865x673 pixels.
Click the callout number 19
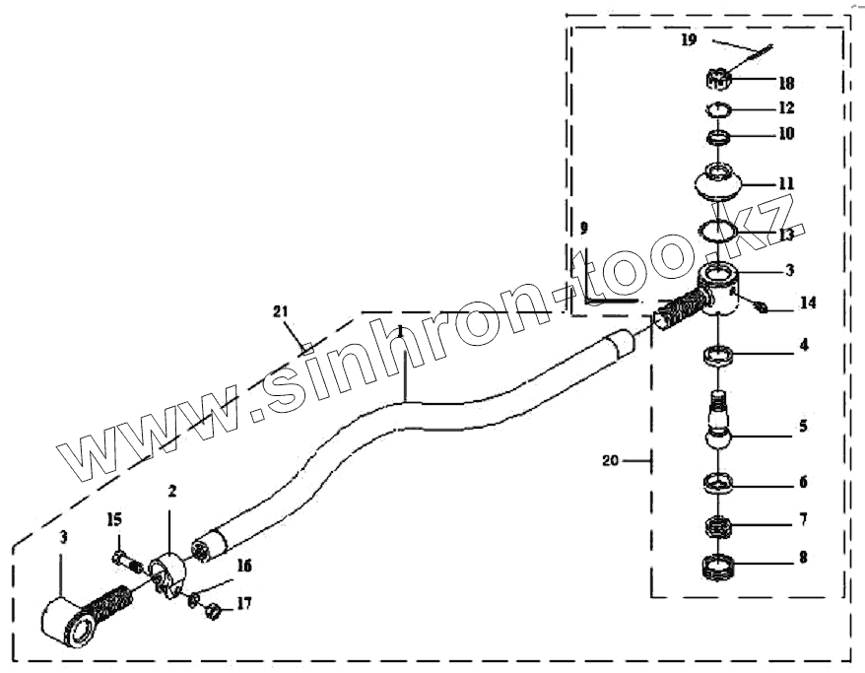point(688,40)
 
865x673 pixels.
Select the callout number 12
point(786,107)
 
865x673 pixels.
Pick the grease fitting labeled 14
point(762,308)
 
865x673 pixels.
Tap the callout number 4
point(803,345)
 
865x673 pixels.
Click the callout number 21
point(281,311)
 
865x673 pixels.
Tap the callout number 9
point(584,229)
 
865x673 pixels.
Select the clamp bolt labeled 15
point(121,559)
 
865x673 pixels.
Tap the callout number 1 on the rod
point(401,331)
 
